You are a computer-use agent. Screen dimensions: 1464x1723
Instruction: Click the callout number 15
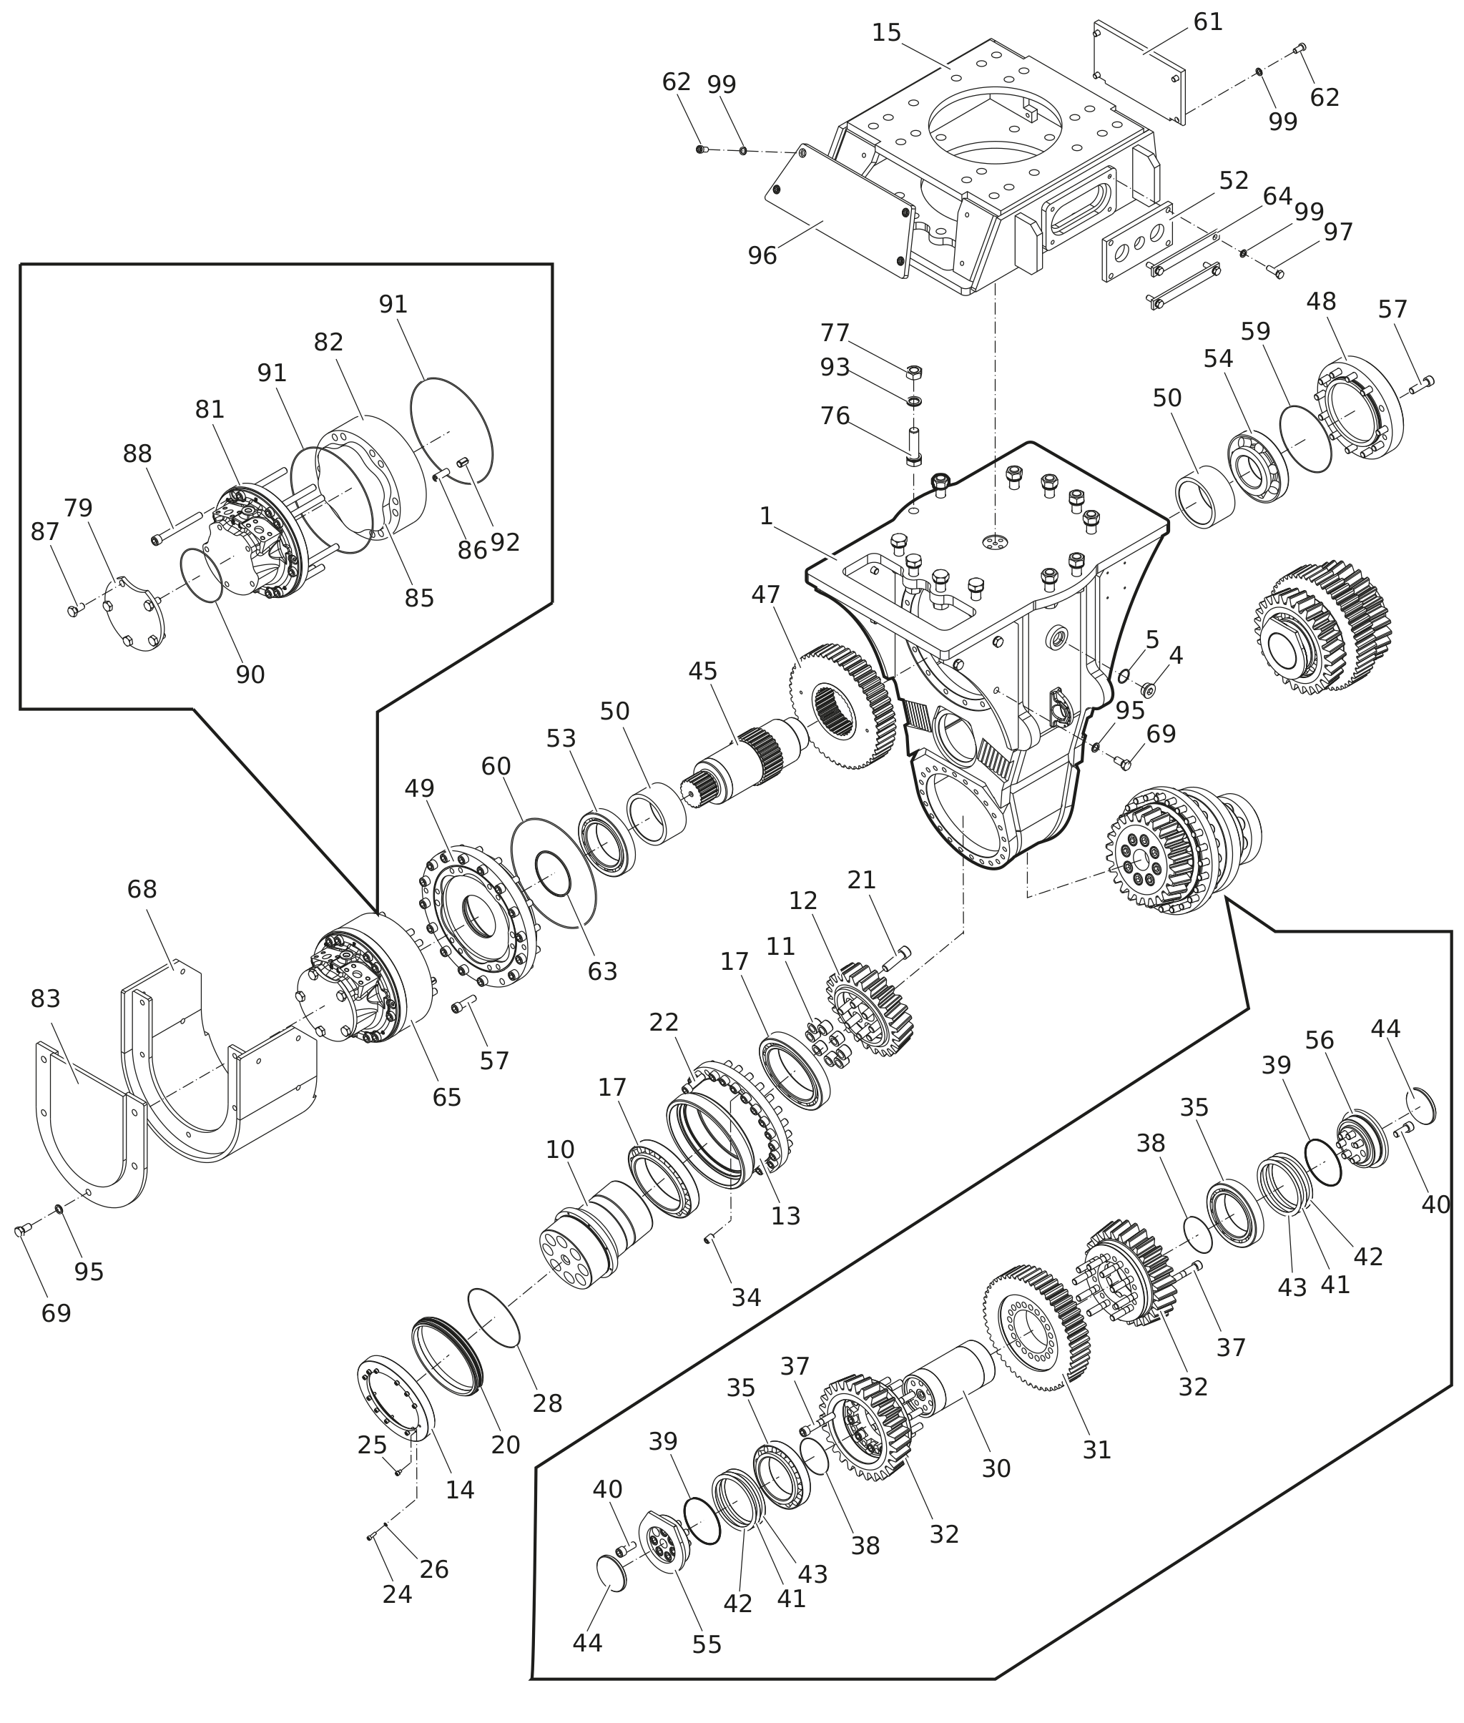click(885, 33)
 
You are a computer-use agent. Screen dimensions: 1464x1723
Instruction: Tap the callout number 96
click(762, 255)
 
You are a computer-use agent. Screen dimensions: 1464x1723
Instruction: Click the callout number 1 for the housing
click(766, 516)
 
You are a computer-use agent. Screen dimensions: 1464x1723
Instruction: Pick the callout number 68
click(142, 889)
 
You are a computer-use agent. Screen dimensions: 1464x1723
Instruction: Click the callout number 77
click(834, 333)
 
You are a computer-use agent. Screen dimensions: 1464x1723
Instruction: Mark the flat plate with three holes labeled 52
click(1137, 242)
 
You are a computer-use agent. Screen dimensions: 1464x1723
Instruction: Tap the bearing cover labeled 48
click(1360, 408)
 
